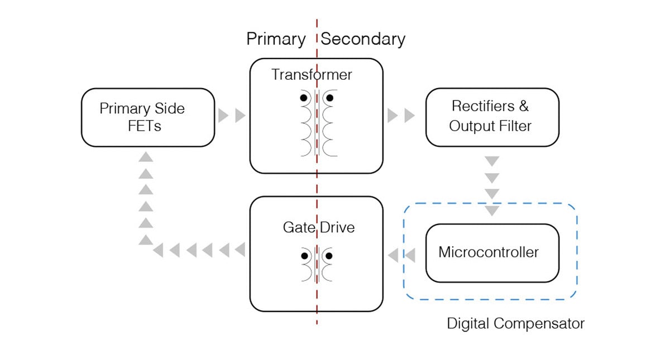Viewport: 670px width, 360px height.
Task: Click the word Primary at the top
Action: tap(276, 39)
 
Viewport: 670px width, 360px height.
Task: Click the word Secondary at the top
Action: tap(363, 39)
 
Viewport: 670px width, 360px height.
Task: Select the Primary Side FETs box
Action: tap(148, 117)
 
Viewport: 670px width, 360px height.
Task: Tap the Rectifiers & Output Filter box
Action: tap(492, 117)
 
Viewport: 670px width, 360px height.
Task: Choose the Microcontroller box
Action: tap(492, 253)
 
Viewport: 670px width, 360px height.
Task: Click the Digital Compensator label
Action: tap(515, 323)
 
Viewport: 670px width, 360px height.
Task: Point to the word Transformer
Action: tap(312, 74)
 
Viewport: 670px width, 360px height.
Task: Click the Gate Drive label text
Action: tap(318, 228)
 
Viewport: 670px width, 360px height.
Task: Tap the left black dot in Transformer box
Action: tap(304, 98)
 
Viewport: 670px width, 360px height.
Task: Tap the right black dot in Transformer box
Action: tap(329, 98)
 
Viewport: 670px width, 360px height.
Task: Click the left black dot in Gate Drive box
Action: tap(304, 256)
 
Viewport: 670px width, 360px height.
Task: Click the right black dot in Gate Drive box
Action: tap(329, 256)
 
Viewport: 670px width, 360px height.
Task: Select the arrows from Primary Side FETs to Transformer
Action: tap(232, 116)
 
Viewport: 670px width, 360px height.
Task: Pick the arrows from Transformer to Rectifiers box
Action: tap(401, 116)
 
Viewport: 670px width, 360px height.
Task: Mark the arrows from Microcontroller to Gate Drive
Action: tap(401, 256)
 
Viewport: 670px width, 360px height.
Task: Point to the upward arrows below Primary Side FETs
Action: tap(146, 198)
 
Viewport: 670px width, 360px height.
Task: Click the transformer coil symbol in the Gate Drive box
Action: tap(317, 263)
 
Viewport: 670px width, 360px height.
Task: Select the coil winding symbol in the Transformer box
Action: tap(317, 123)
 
